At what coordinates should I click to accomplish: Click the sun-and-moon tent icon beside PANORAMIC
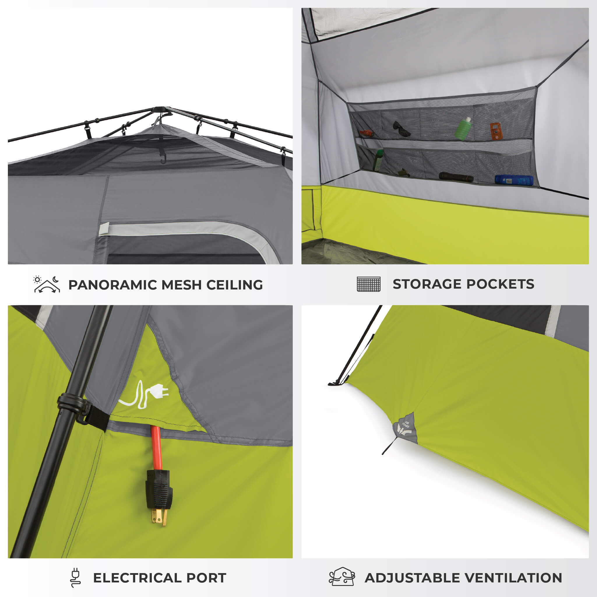[x=47, y=284]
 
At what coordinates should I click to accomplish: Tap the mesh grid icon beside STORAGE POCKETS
[x=368, y=284]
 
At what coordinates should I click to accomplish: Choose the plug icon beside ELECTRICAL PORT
[x=75, y=577]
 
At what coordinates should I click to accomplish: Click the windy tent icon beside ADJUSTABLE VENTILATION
[x=342, y=577]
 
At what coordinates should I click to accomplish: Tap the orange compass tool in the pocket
[x=495, y=131]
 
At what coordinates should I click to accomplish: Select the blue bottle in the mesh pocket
[x=514, y=180]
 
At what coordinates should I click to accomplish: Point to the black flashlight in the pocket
[x=456, y=178]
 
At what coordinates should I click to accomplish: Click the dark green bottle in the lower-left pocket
[x=378, y=160]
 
